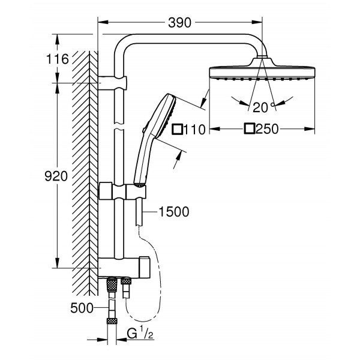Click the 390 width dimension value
[x=179, y=23]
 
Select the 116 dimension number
[x=58, y=59]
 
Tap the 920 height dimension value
[x=56, y=176]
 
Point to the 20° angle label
[x=264, y=107]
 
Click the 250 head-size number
[x=267, y=129]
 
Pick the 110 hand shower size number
[x=194, y=130]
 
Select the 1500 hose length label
[x=174, y=212]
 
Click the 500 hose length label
[x=82, y=308]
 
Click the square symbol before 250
[x=250, y=129]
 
